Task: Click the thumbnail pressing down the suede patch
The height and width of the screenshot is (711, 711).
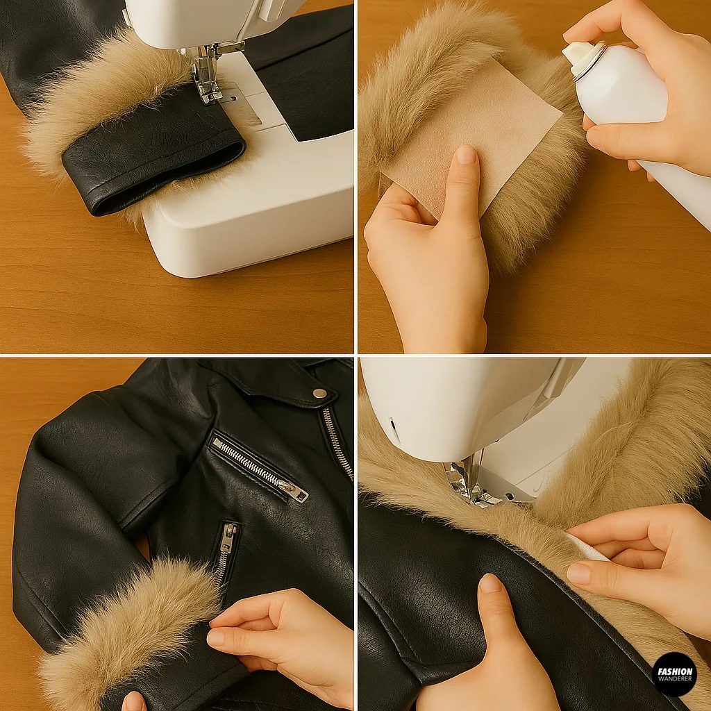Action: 466,156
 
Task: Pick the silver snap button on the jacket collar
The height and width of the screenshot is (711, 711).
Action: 319,393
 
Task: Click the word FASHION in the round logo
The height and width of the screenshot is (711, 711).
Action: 674,671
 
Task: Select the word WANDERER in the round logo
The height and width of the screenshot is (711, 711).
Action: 674,679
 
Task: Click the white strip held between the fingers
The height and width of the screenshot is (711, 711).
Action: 587,549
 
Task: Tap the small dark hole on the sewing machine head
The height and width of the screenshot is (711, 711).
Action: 393,424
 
